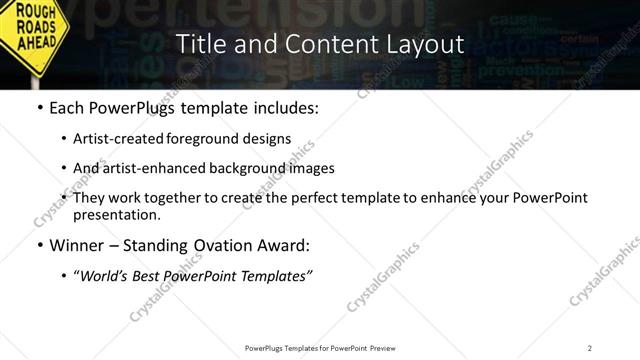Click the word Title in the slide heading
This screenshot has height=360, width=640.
(199, 44)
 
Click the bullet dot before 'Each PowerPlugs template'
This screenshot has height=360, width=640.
(38, 107)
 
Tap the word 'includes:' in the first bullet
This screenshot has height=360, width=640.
(285, 107)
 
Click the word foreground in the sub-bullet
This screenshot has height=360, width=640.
(227, 139)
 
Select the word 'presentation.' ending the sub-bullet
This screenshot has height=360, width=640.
(116, 214)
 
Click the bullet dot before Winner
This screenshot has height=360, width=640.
(38, 246)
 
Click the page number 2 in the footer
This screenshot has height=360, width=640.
(590, 347)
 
